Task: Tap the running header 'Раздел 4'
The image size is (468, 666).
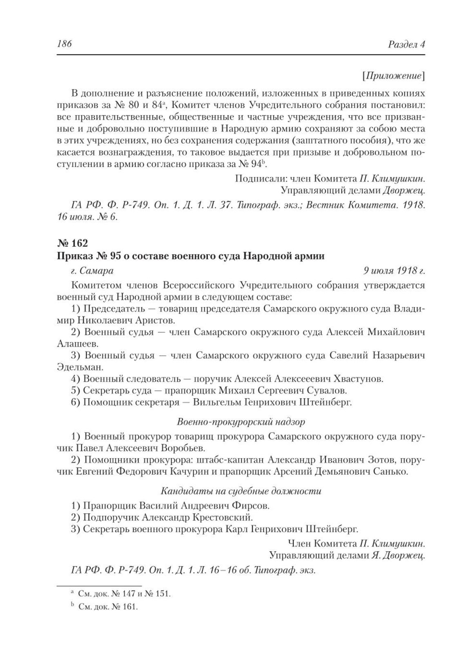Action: [406, 45]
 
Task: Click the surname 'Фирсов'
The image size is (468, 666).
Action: [251, 506]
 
